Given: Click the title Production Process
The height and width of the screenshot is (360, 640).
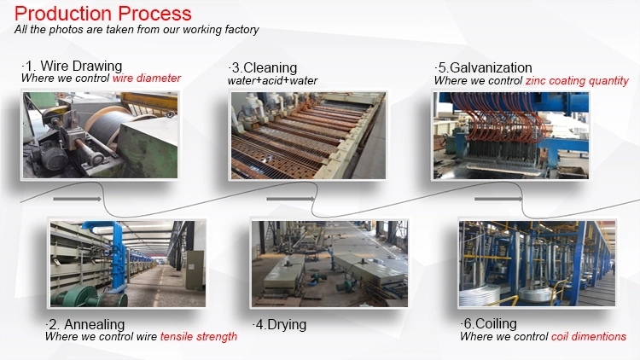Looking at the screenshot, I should (102, 13).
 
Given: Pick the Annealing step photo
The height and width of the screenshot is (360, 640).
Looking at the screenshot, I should (127, 263).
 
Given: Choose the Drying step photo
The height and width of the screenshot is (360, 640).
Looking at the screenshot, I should (329, 263).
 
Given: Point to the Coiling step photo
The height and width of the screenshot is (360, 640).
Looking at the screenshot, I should (537, 263).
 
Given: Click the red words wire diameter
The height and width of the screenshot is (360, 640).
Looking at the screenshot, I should (147, 78).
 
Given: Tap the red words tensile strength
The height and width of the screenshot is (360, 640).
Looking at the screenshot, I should (199, 337).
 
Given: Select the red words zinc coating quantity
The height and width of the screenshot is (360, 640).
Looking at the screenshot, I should (578, 81).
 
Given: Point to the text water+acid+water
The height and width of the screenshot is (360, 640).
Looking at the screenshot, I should (273, 80).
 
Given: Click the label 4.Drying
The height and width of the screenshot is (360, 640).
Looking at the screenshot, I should (279, 325).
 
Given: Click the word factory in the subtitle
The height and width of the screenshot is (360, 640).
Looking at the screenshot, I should (239, 30).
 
